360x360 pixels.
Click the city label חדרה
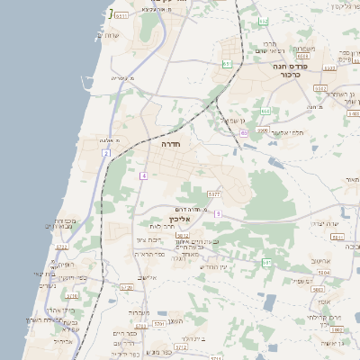pos(171,144)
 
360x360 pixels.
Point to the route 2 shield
pos(105,154)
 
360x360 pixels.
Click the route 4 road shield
pos(143,175)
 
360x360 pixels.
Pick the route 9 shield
pos(217,213)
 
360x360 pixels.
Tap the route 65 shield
pos(243,132)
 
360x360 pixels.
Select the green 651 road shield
pos(227,64)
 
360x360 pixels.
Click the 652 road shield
pos(319,88)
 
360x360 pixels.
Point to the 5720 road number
pos(126,288)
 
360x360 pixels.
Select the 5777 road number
pos(213,193)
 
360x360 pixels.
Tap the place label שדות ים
pos(112,34)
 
